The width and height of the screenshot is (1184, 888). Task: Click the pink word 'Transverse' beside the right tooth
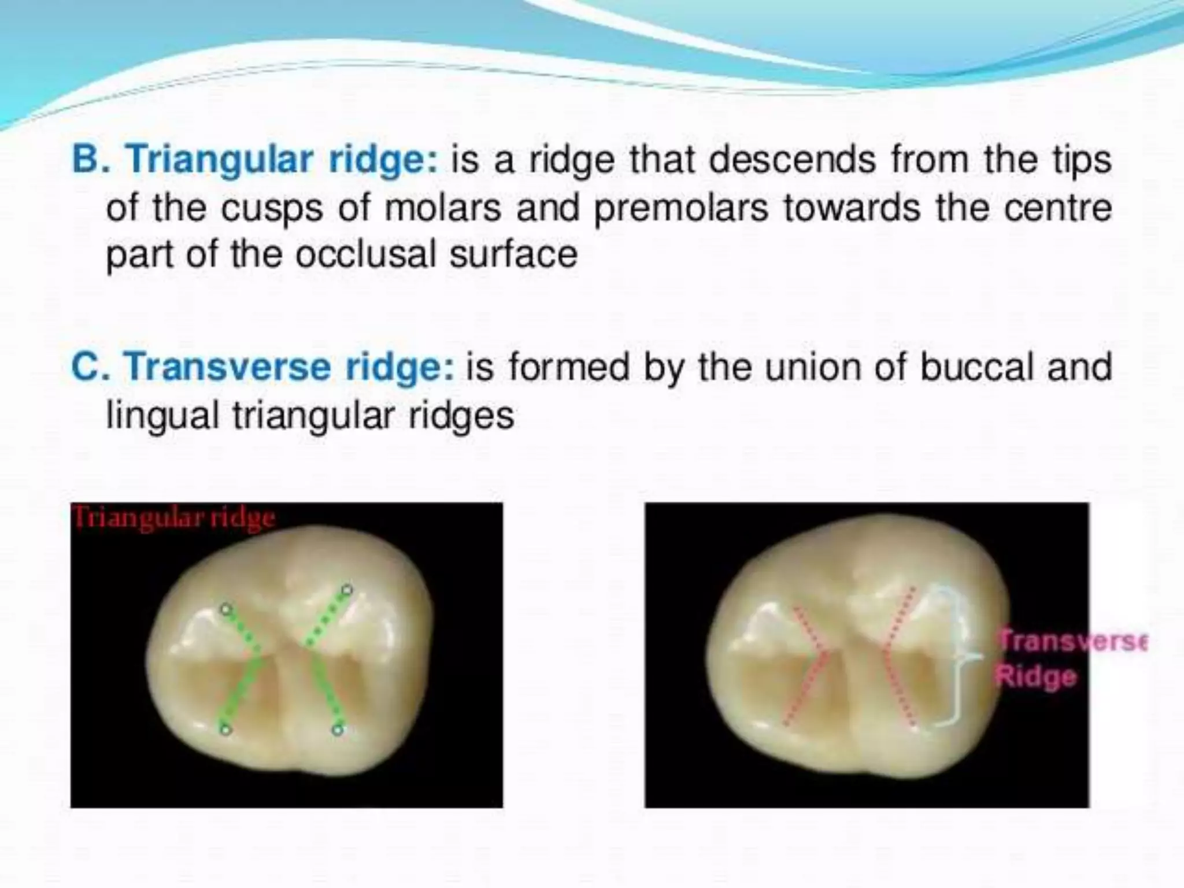click(1072, 641)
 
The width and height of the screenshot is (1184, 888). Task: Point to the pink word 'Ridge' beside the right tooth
click(1036, 676)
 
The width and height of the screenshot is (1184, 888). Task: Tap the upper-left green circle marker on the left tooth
click(226, 609)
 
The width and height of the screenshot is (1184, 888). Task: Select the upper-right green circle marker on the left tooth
click(346, 590)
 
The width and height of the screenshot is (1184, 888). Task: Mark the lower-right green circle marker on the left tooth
click(338, 730)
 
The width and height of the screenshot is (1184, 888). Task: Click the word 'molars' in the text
click(443, 208)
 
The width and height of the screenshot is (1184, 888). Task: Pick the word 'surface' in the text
click(513, 254)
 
